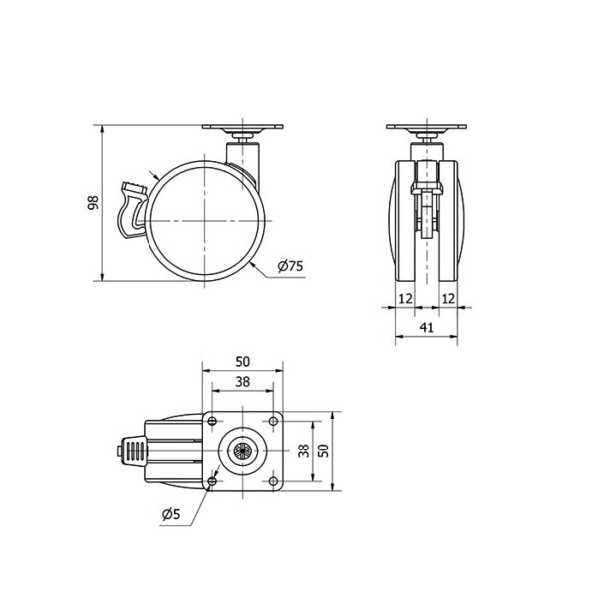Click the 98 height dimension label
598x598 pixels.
93,203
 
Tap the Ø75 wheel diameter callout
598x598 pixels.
291,266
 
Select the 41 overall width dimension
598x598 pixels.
426,327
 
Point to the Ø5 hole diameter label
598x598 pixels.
171,514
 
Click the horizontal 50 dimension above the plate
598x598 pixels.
242,361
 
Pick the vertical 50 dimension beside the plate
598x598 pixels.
323,450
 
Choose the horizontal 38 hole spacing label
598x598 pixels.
242,381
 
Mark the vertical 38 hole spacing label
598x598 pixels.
304,450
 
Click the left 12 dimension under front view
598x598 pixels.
405,299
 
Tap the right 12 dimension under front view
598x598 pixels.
448,299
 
